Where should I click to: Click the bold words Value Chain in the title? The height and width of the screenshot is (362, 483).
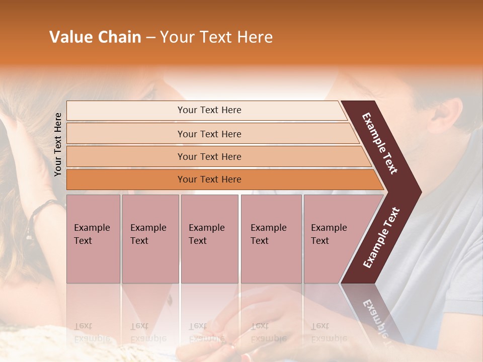point(95,37)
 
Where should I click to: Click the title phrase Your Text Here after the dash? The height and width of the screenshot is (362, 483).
point(216,37)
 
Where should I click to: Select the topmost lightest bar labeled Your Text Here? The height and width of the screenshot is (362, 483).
point(209,110)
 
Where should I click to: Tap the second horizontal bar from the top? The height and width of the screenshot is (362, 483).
point(209,134)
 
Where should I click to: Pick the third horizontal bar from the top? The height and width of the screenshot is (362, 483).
point(209,156)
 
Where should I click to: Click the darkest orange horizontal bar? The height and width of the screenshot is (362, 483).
point(209,179)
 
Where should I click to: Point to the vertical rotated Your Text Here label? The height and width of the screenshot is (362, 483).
point(58,144)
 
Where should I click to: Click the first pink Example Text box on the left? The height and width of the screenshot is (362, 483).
point(93,238)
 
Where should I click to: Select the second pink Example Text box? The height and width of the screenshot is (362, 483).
point(150,238)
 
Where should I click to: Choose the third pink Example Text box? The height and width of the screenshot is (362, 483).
point(209,238)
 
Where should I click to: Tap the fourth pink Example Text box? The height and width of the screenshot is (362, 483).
point(271,238)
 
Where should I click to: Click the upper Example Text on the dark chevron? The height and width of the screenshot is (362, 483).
point(380,143)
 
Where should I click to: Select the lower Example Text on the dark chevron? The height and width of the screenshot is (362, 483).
point(381,237)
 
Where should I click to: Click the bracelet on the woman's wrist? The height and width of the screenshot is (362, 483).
point(40,214)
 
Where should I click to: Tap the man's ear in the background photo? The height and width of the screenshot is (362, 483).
point(448,113)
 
